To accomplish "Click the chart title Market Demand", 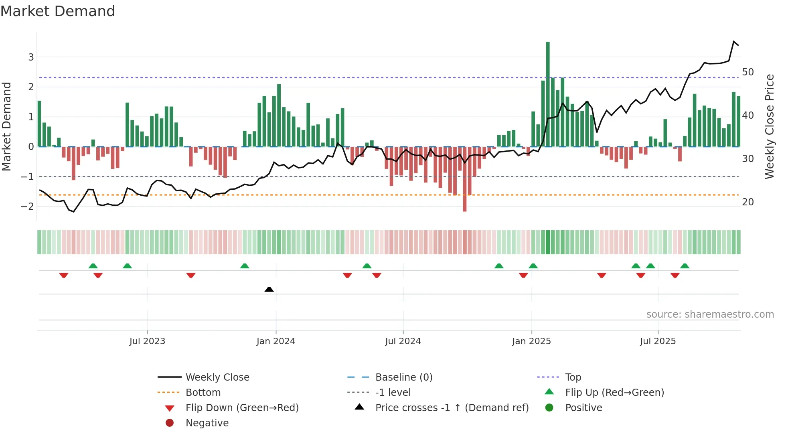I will click(58, 11).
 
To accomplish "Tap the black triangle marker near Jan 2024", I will click(269, 289).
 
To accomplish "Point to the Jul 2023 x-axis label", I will click(147, 341).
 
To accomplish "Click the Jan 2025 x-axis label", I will click(531, 341).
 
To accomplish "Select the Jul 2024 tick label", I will click(403, 341).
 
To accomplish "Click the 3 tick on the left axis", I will click(31, 57).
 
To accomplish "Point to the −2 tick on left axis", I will click(28, 207).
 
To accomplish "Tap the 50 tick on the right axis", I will click(748, 72).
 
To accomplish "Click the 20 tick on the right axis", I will click(748, 202).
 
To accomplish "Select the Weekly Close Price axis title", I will click(769, 126).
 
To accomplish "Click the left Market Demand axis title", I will click(6, 126).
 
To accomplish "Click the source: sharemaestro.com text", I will click(710, 314).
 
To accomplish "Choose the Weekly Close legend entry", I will click(217, 377).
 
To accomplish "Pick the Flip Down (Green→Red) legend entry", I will click(242, 408).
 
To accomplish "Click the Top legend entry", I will click(573, 377).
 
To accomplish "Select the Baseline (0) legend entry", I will click(403, 377).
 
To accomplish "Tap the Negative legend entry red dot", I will click(170, 423).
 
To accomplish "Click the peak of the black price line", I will click(734, 41).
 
